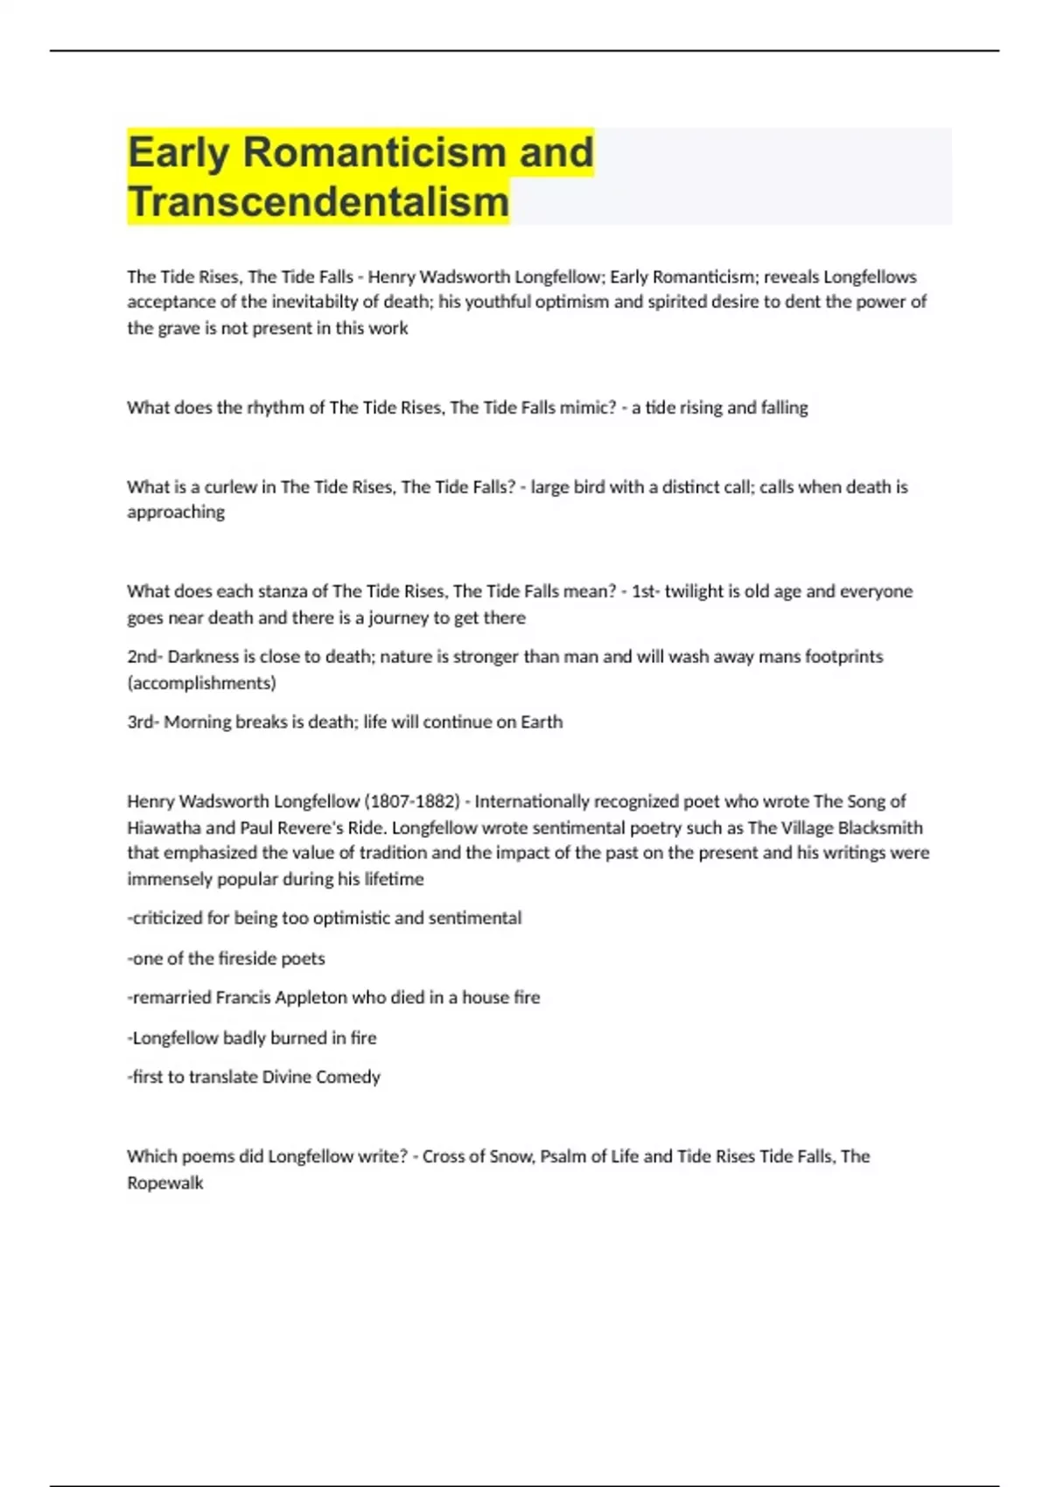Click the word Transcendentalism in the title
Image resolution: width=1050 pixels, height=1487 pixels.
[x=318, y=201]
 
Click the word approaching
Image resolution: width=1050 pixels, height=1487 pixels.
[x=176, y=513]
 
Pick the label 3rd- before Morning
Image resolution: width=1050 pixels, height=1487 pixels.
[x=143, y=723]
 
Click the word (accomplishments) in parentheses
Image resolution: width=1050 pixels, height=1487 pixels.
[x=201, y=683]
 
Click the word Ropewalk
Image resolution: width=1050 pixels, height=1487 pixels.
[x=164, y=1183]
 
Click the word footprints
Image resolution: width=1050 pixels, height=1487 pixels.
[x=843, y=657]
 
